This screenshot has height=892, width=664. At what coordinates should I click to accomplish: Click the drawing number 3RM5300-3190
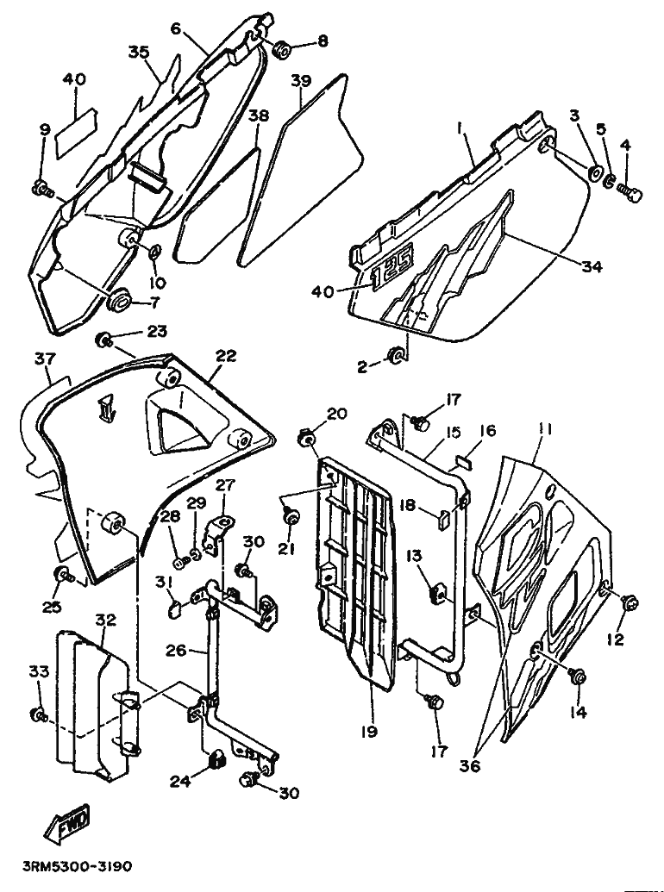tap(78, 866)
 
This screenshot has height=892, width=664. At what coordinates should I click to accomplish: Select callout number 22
tap(226, 357)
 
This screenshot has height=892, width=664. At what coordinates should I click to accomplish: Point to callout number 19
tap(369, 731)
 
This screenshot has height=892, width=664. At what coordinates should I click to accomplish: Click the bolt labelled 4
tap(630, 191)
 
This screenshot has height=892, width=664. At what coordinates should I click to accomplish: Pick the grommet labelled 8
tap(281, 49)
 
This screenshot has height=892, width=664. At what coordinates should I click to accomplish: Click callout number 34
tap(592, 265)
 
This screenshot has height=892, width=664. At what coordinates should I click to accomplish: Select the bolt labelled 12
tap(630, 602)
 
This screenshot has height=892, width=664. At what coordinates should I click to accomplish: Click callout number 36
tap(470, 765)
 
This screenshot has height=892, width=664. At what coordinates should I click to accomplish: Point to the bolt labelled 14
tap(579, 677)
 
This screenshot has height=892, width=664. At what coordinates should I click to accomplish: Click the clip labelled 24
tap(216, 759)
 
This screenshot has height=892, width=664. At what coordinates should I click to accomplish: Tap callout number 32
tap(106, 620)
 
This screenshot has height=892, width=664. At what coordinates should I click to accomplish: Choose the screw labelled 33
tap(39, 714)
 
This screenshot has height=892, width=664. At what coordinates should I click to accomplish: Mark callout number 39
tap(302, 81)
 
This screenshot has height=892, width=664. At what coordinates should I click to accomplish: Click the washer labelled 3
tap(596, 173)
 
